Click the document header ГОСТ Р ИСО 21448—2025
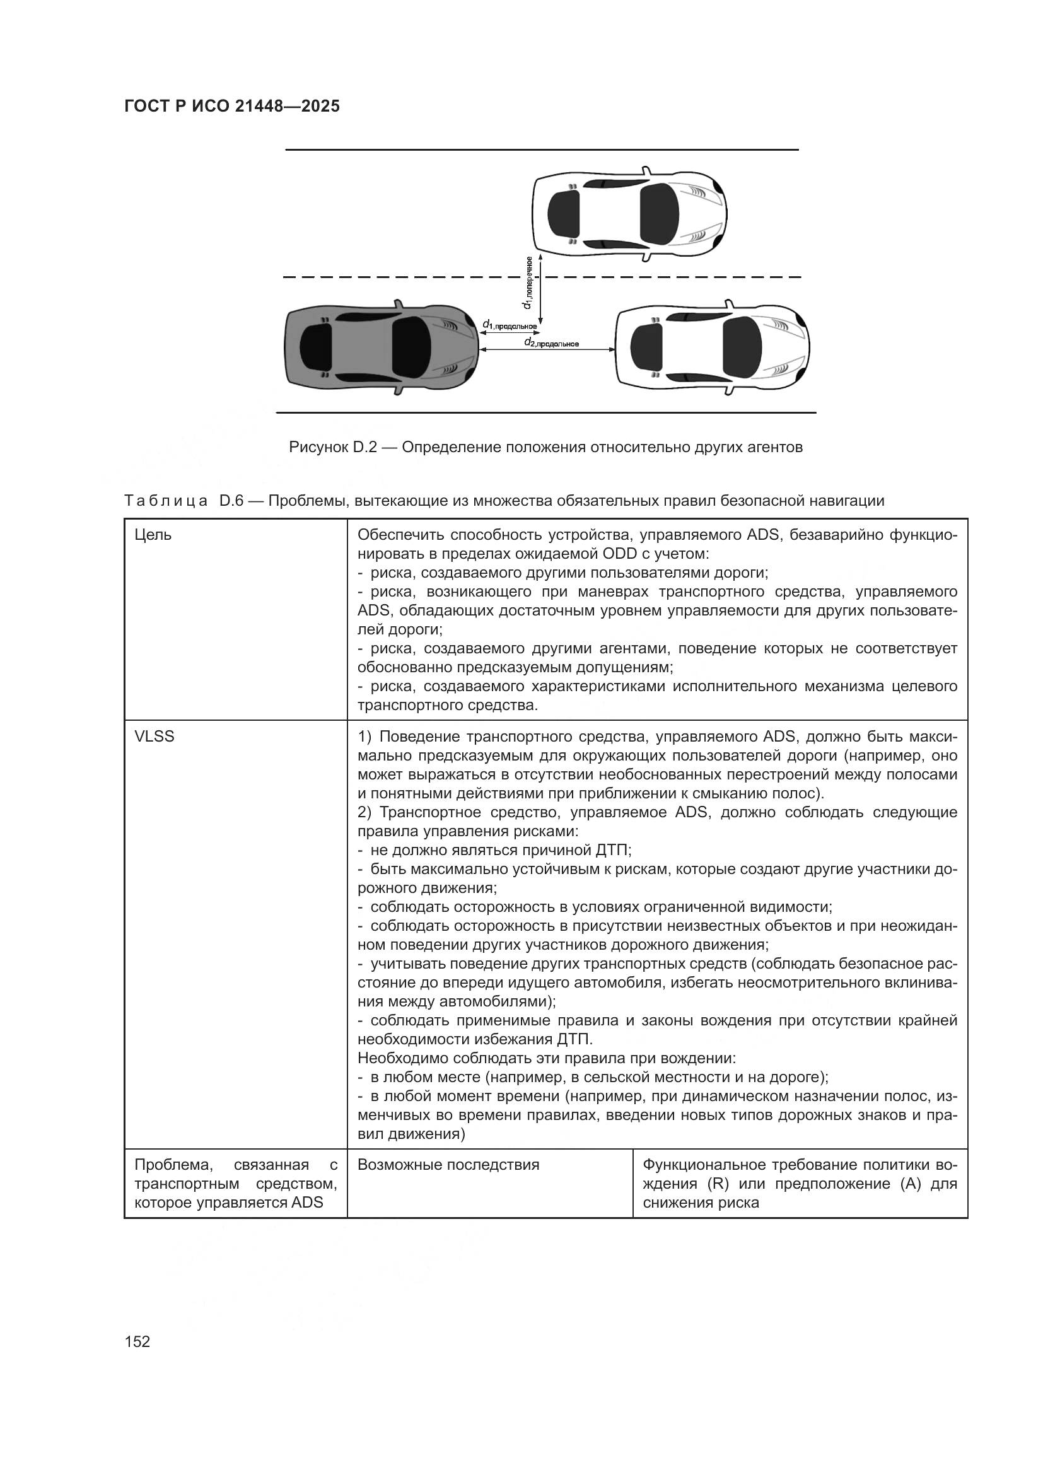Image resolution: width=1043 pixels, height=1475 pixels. [232, 107]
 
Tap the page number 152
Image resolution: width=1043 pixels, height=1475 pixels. [137, 1341]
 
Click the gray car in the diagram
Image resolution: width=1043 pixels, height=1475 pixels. [382, 347]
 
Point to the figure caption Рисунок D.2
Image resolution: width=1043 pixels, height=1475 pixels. [545, 447]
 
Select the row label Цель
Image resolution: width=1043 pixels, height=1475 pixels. [153, 535]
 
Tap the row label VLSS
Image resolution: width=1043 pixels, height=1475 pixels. [154, 736]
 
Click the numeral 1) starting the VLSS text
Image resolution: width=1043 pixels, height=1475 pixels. [363, 736]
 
